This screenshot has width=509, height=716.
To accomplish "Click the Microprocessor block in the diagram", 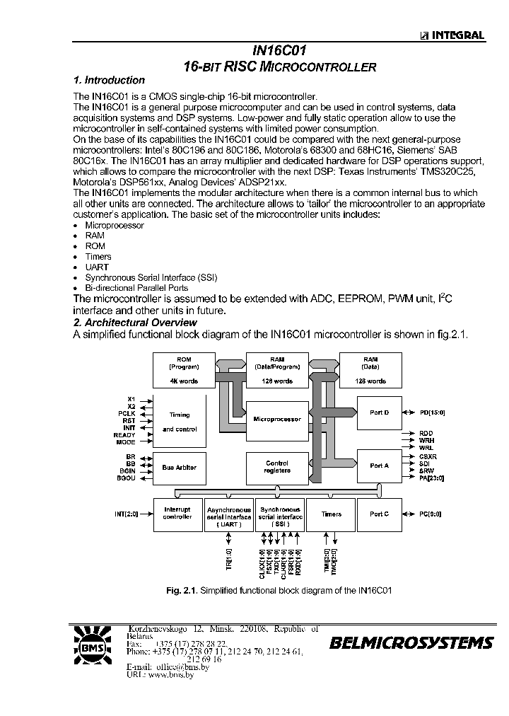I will [x=277, y=420].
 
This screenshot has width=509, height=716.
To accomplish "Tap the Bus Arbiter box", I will [x=180, y=468].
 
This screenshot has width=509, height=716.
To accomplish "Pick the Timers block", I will [x=332, y=514].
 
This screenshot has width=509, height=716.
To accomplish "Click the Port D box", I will [x=380, y=412].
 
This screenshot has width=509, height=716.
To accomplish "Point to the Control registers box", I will [x=277, y=467].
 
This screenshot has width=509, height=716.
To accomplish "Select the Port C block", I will [x=380, y=514].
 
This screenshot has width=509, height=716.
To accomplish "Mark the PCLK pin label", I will [x=127, y=413].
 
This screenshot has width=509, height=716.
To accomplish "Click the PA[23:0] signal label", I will [x=433, y=480].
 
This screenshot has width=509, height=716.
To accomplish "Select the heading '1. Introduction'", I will [x=110, y=81].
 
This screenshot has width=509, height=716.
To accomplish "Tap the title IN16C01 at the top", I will [x=279, y=52].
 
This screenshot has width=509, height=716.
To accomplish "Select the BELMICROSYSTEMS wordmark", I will [x=411, y=643].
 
